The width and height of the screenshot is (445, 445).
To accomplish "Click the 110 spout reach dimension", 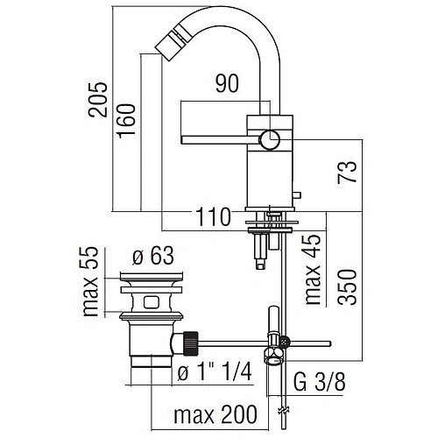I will click(x=212, y=215).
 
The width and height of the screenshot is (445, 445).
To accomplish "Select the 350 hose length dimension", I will click(x=348, y=284).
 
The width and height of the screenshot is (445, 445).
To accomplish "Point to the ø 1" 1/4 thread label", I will click(x=214, y=371).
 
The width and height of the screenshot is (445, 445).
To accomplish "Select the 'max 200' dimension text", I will click(x=209, y=413).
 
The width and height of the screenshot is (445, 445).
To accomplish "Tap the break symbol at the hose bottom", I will click(x=282, y=411).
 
